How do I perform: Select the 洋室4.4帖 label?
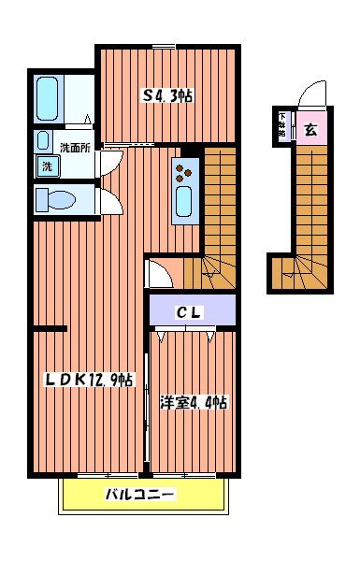click(193, 403)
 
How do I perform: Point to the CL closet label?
click(190, 313)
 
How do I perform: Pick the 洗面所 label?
click(74, 147)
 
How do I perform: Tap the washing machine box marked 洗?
click(46, 167)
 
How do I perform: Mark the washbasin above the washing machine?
click(42, 141)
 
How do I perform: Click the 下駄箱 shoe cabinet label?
click(282, 125)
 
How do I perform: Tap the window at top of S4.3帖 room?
click(165, 45)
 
